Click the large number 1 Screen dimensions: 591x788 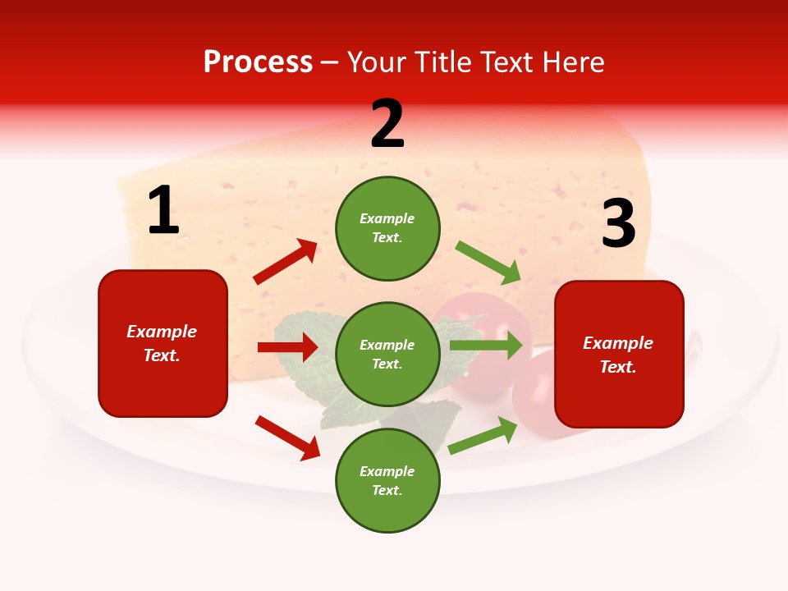[x=163, y=211]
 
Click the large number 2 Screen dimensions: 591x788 [x=387, y=125]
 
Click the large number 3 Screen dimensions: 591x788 [x=618, y=225]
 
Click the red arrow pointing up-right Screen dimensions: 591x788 [x=286, y=261]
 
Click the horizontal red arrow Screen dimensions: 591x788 [x=287, y=347]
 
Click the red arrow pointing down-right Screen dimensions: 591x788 [x=288, y=437]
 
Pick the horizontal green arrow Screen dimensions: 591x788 [x=486, y=345]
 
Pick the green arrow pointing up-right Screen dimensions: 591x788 [x=483, y=435]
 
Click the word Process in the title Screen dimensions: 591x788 [x=258, y=62]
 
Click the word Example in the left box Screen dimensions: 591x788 [x=162, y=332]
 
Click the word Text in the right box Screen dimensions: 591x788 [x=618, y=367]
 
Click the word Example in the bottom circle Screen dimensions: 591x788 [x=387, y=471]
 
